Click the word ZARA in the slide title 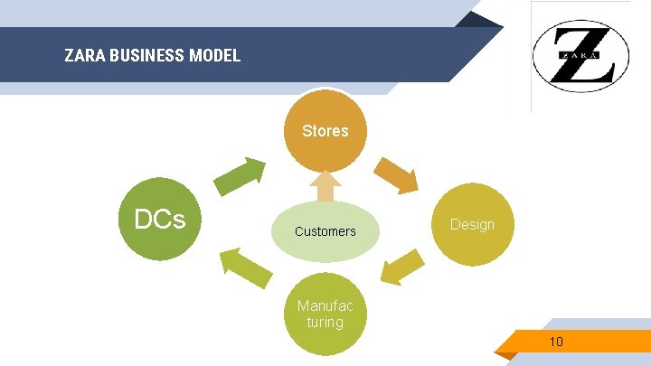tap(84, 56)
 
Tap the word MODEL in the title tap(214, 56)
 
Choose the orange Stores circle tap(325, 130)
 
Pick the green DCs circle tap(161, 221)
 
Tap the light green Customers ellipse tap(325, 231)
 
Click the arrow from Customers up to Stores tap(325, 188)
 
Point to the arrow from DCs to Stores tap(241, 175)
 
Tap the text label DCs tap(160, 220)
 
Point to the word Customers tap(325, 231)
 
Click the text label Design tap(472, 224)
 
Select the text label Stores tap(325, 131)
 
